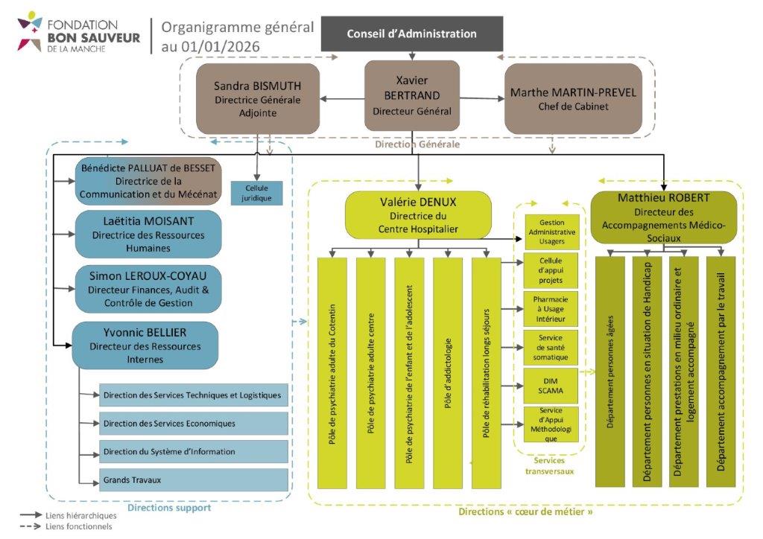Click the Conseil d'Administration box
point(411,34)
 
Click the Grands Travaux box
point(193,480)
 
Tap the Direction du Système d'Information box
point(193,451)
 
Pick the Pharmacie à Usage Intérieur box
point(550,307)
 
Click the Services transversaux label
point(549,465)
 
